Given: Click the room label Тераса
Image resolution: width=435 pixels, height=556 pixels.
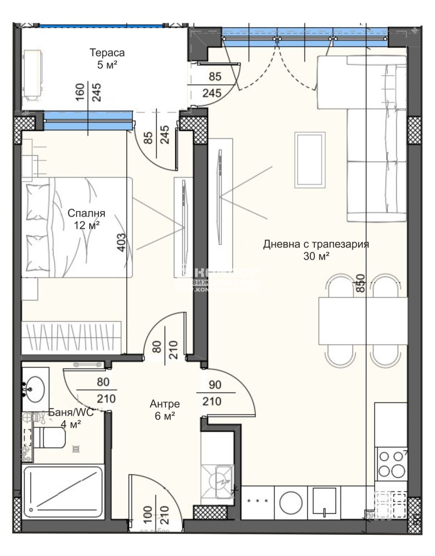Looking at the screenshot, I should [x=107, y=53].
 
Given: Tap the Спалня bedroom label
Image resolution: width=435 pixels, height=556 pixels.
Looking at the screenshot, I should [x=86, y=213].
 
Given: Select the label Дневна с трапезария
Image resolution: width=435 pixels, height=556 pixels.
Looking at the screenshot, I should [x=316, y=244].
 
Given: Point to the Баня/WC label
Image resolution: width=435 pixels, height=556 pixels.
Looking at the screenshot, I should [x=71, y=412].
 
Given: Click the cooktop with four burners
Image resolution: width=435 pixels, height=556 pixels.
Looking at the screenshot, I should [x=391, y=464].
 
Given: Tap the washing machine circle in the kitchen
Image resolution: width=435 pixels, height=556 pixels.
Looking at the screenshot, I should [x=291, y=504].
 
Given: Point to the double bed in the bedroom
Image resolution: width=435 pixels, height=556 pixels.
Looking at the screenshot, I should [x=76, y=227].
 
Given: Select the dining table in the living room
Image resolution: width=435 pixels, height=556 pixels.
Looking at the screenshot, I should [x=362, y=321].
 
